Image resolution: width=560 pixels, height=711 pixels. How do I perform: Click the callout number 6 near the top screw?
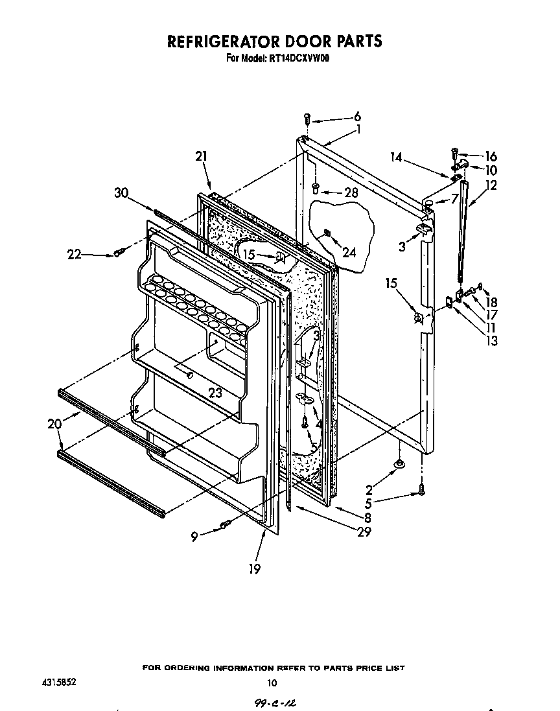357,117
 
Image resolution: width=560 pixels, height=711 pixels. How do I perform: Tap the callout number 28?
351,192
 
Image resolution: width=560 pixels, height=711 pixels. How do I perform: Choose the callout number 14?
397,156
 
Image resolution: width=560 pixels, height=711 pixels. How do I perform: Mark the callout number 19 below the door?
254,568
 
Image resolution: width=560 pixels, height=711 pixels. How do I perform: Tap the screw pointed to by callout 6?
307,119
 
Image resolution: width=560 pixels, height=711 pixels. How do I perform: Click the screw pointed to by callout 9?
226,524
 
